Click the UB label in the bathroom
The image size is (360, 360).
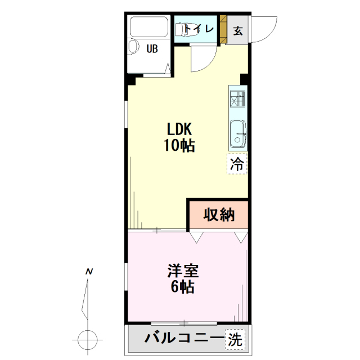152,49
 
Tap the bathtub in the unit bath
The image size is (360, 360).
149,26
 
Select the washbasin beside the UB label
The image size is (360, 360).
133,47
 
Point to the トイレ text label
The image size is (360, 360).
199,29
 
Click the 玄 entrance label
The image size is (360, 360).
238,30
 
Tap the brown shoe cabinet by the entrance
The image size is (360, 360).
223,29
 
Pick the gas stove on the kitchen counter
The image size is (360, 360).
237,99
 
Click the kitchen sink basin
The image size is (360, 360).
238,134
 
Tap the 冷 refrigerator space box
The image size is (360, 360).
237,164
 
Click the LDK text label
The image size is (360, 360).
179,129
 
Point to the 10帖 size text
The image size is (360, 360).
179,145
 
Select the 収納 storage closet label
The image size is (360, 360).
219,215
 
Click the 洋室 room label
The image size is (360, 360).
183,271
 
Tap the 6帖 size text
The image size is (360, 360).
183,287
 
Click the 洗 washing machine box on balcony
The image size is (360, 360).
235,340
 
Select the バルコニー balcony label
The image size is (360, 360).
184,338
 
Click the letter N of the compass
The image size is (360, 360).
89,272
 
